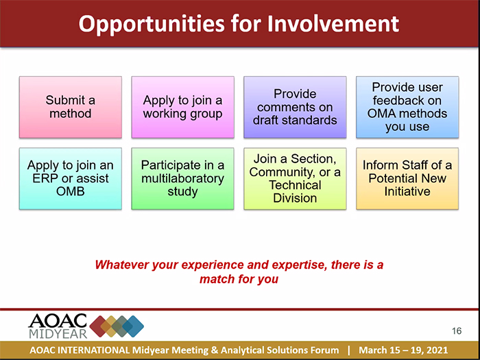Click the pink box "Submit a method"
pyautogui.click(x=71, y=107)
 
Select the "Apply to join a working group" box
pyautogui.click(x=183, y=107)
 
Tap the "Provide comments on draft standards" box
pyautogui.click(x=295, y=107)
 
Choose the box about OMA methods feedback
pyautogui.click(x=407, y=107)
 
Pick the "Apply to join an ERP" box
pyautogui.click(x=71, y=179)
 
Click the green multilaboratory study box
pyautogui.click(x=183, y=179)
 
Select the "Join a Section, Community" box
pyautogui.click(x=295, y=179)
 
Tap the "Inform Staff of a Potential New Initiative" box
pyautogui.click(x=407, y=179)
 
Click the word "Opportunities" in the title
pyautogui.click(x=152, y=24)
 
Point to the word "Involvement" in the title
pyautogui.click(x=333, y=23)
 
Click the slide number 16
pyautogui.click(x=457, y=331)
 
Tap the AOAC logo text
pyautogui.click(x=58, y=321)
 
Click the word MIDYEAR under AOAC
pyautogui.click(x=58, y=333)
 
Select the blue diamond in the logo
pyautogui.click(x=133, y=326)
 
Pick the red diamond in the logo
pyautogui.click(x=100, y=326)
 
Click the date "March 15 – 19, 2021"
pyautogui.click(x=403, y=350)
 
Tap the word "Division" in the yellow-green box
pyautogui.click(x=295, y=198)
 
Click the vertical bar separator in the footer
pyautogui.click(x=348, y=350)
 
